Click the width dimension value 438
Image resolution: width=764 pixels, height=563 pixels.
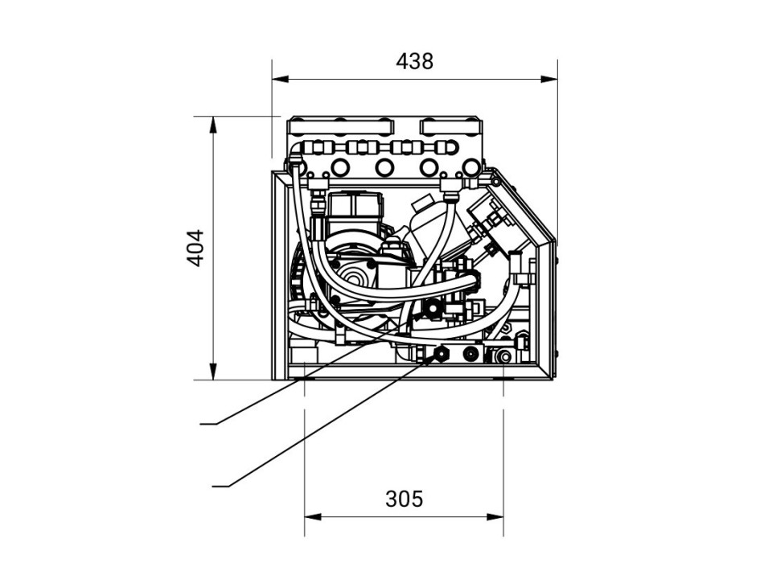pos(414,60)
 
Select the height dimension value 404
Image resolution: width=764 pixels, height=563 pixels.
pos(195,249)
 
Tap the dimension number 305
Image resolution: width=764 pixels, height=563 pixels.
pos(404,499)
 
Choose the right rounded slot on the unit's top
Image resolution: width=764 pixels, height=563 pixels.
pos(451,125)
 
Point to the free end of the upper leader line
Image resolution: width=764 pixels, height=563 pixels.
pos(201,421)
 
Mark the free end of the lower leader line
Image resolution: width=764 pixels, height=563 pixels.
pos(212,485)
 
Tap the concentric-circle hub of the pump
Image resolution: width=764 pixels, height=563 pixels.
pos(355,278)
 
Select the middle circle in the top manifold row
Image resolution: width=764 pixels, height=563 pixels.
pos(384,166)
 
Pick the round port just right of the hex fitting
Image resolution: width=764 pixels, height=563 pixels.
pos(469,353)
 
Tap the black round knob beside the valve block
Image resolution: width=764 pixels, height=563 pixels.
pos(433,307)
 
